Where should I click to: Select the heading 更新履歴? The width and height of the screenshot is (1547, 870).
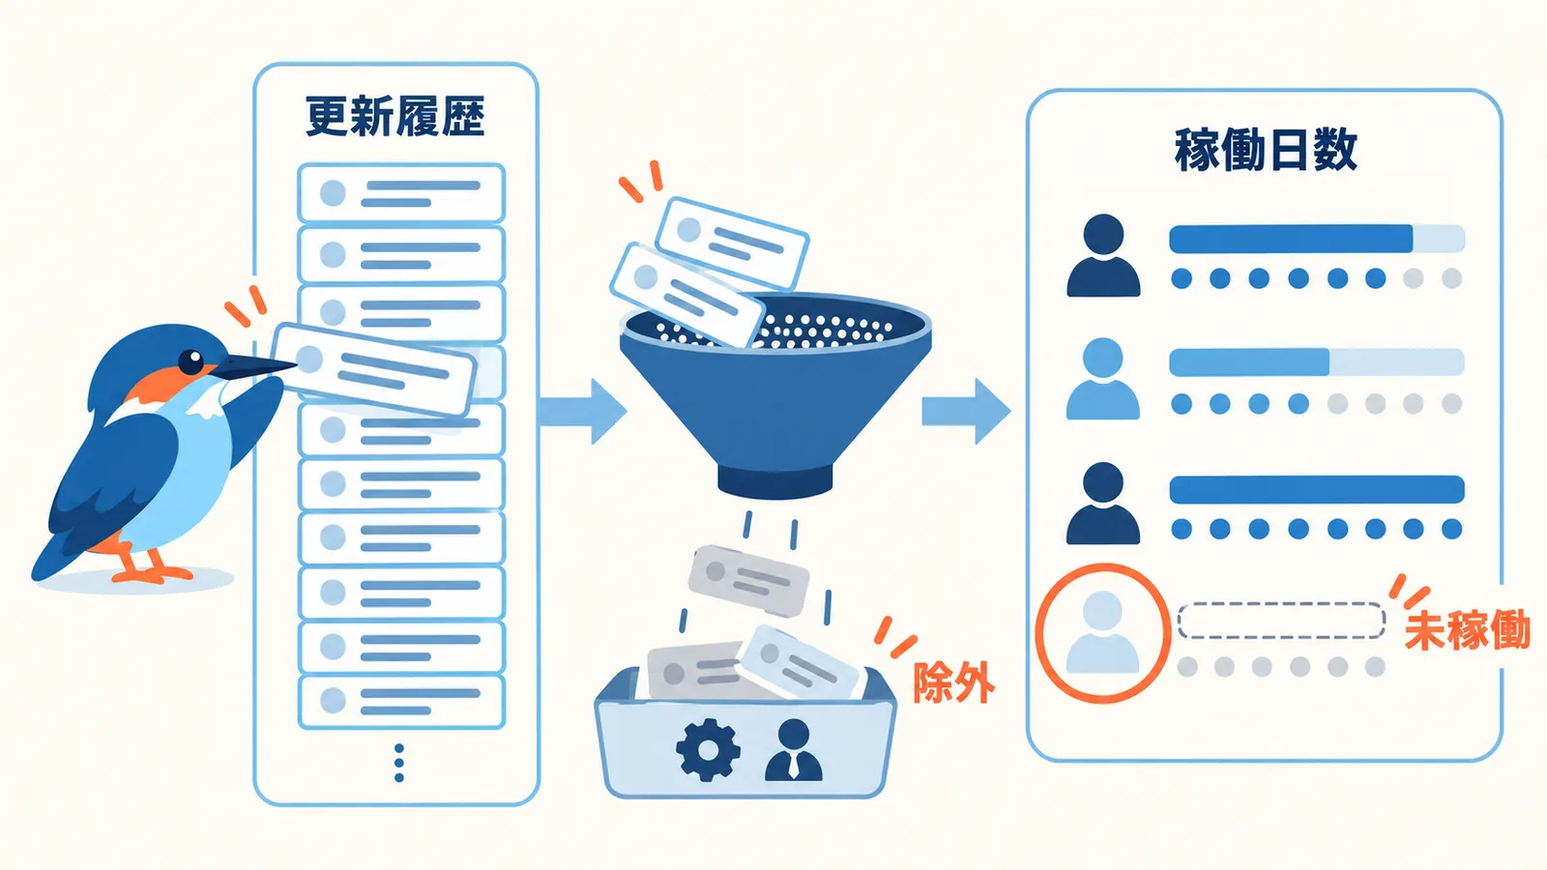click(395, 117)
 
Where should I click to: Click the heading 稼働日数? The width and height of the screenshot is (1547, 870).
click(1266, 150)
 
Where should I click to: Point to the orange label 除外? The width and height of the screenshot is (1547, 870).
click(953, 682)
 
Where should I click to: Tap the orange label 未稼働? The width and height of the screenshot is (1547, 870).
click(1467, 629)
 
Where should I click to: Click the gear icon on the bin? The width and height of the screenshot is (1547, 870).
click(708, 750)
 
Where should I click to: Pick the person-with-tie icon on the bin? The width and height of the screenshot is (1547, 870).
click(794, 750)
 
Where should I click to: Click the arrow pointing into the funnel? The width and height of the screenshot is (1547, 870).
click(582, 412)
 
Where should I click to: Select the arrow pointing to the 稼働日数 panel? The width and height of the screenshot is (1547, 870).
click(966, 412)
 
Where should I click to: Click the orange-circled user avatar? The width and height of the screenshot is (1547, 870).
click(1103, 633)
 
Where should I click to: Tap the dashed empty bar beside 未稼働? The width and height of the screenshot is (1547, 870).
click(1281, 621)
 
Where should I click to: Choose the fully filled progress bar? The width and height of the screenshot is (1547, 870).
click(1317, 489)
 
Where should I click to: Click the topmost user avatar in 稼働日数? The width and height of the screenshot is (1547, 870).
click(1103, 255)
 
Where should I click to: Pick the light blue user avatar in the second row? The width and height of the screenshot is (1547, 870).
click(1103, 379)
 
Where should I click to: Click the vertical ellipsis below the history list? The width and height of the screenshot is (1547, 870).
click(398, 763)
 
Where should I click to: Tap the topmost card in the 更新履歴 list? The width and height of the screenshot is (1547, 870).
click(401, 192)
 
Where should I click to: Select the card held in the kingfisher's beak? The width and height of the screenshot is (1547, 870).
click(373, 370)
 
